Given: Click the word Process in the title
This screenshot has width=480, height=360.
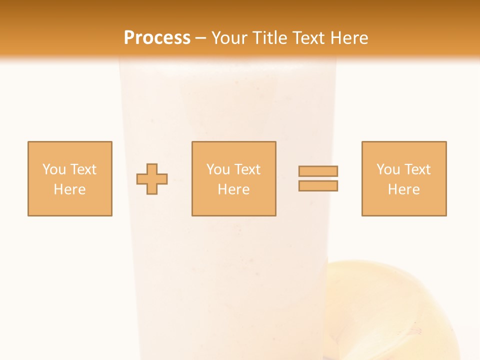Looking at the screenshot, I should click(157, 38).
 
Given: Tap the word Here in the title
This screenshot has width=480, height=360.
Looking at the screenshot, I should click(348, 38).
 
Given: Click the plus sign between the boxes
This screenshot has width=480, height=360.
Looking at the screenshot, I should click(152, 179).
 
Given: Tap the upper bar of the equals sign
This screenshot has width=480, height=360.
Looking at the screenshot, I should click(318, 171).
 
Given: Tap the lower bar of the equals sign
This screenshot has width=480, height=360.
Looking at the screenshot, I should click(318, 186).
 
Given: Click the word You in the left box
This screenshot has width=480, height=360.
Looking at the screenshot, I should click(53, 169).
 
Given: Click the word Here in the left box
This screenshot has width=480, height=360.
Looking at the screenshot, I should click(69, 189).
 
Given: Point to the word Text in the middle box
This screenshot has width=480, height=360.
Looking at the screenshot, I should click(247, 169).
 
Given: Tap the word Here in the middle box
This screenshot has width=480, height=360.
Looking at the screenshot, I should click(233, 189).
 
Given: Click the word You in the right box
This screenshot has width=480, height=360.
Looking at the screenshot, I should click(387, 169).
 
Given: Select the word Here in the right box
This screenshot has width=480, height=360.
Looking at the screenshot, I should click(403, 189).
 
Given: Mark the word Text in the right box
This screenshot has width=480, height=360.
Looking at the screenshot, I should click(417, 169).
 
